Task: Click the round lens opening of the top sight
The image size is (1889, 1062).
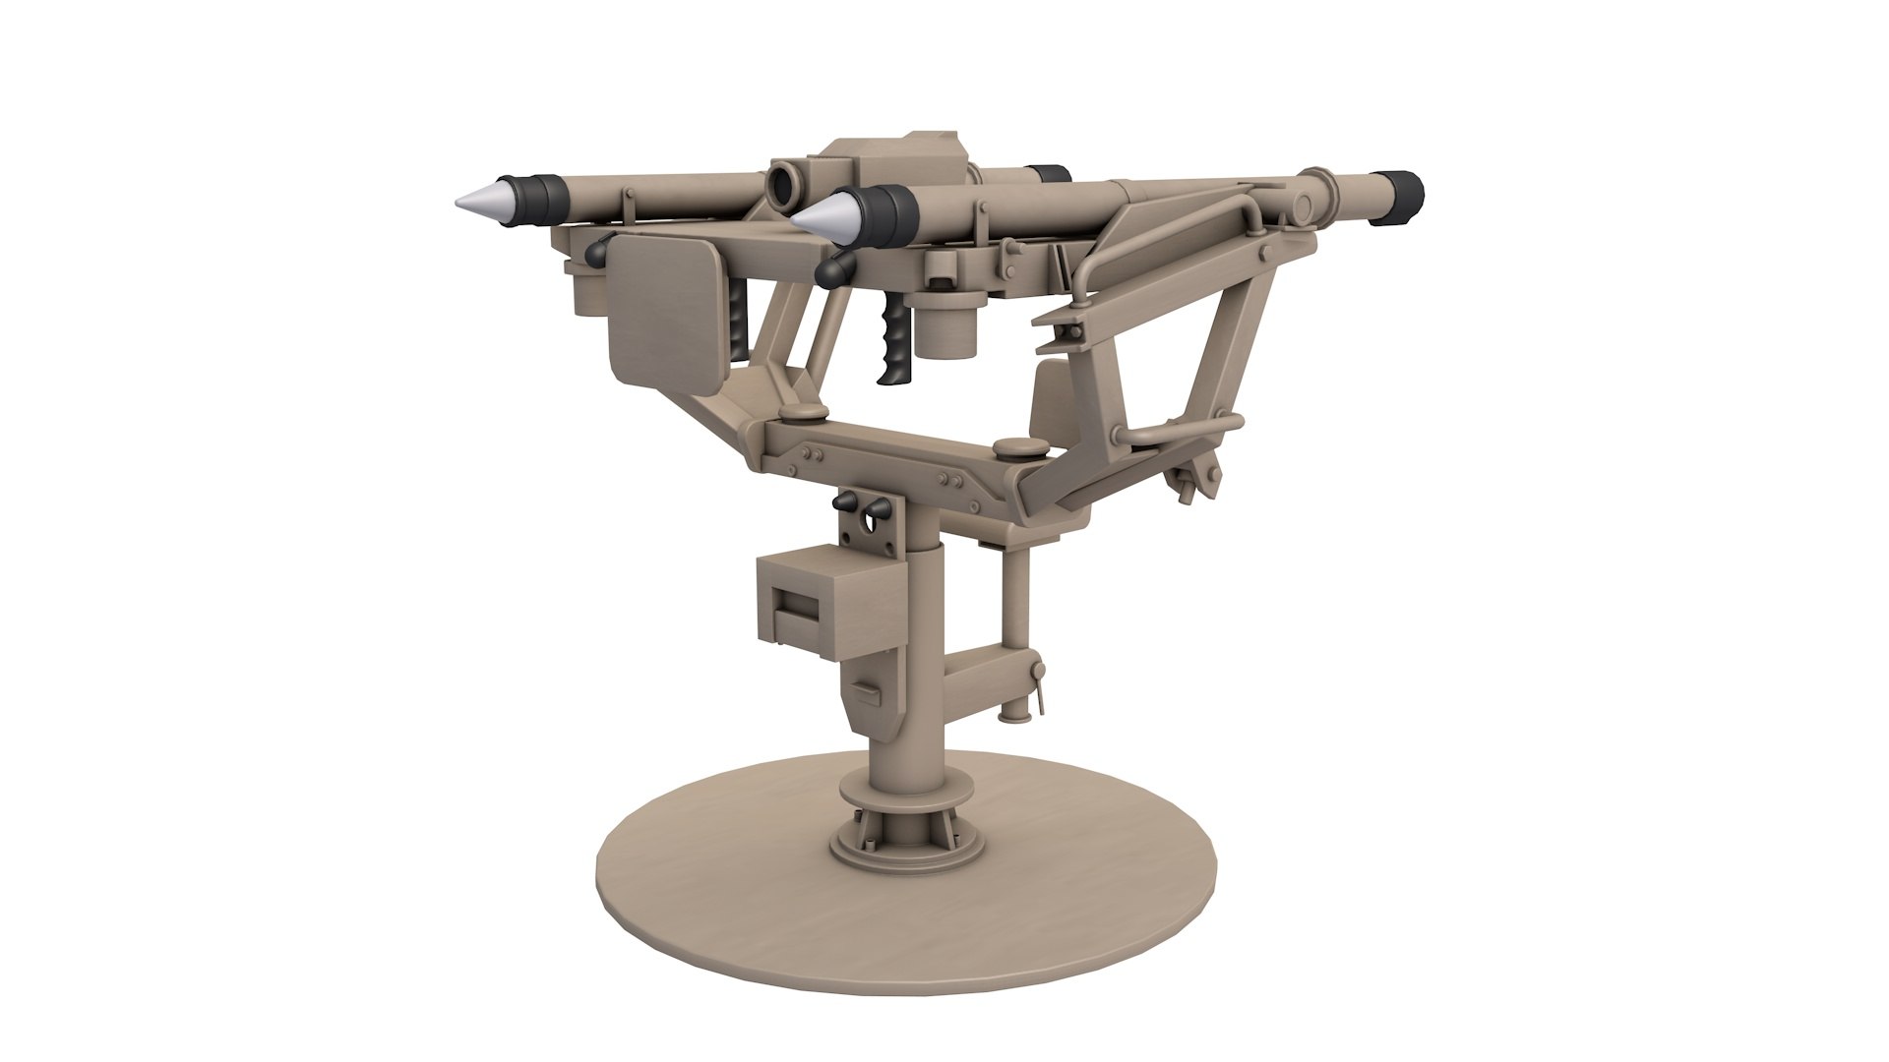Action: coord(784,184)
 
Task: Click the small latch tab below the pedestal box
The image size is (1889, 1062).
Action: coord(869,691)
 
